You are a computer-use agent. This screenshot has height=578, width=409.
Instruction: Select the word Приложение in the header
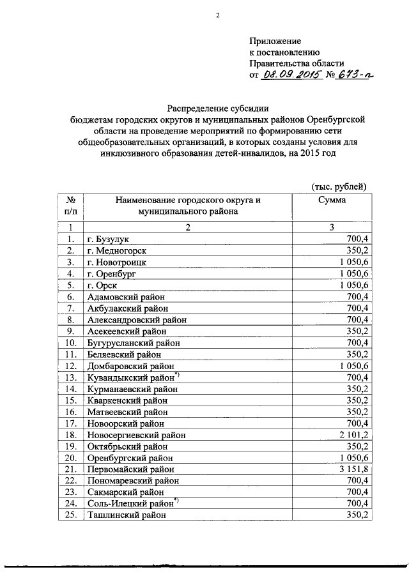[x=275, y=41]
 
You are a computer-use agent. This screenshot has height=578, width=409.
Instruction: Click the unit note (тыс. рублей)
[x=339, y=186]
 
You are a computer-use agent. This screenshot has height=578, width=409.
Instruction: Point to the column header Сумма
[x=332, y=200]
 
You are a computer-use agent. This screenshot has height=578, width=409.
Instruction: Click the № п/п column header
[x=71, y=205]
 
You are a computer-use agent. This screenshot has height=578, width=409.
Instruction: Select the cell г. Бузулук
[x=108, y=239]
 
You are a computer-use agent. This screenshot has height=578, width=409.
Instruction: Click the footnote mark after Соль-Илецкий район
[x=178, y=501]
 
